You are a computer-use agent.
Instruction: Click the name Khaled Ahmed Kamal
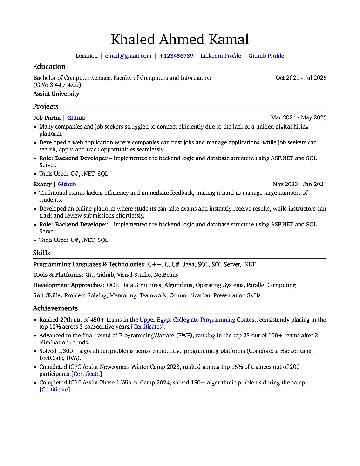point(180,39)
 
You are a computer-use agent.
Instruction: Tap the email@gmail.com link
point(128,56)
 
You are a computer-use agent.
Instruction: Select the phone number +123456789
point(176,56)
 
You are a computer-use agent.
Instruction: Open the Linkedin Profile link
point(221,56)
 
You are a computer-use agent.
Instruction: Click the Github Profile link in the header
point(266,56)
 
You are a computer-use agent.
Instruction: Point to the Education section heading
point(49,67)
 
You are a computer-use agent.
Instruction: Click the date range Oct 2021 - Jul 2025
point(301,78)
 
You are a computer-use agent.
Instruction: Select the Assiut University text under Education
point(56,94)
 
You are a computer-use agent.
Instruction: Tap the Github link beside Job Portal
point(76,118)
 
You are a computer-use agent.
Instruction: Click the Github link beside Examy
point(67,184)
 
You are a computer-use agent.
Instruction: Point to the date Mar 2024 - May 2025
point(299,118)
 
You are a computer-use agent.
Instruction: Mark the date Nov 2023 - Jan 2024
point(299,184)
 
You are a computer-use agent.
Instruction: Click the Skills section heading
point(41,253)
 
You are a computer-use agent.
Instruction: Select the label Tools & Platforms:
point(58,275)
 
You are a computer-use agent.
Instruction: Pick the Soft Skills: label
point(48,295)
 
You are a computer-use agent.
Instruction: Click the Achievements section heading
point(55,308)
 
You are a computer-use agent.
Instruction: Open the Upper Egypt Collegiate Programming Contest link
point(198,320)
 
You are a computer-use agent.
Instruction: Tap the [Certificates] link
point(148,327)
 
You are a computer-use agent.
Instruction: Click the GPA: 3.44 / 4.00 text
point(57,85)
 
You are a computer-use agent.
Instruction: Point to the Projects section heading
point(46,107)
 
